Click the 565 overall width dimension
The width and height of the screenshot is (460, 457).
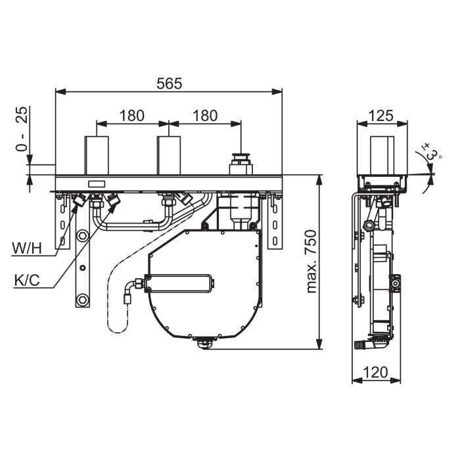pyautogui.click(x=170, y=84)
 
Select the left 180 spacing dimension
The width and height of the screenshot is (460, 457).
pyautogui.click(x=131, y=116)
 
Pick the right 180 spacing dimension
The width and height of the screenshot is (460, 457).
pyautogui.click(x=205, y=116)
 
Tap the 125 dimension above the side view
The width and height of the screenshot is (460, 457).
pyautogui.click(x=380, y=116)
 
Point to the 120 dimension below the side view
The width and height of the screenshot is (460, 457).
pyautogui.click(x=375, y=372)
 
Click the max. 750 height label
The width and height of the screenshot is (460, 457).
pyautogui.click(x=311, y=262)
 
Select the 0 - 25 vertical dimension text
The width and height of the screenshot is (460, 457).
pyautogui.click(x=22, y=129)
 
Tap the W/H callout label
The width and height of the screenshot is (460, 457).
pyautogui.click(x=27, y=249)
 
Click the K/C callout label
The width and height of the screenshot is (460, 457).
pyautogui.click(x=27, y=280)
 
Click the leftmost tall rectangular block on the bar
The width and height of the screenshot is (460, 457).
pyautogui.click(x=97, y=156)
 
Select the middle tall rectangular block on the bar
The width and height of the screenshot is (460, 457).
pyautogui.click(x=169, y=156)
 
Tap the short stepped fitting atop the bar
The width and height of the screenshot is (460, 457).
pyautogui.click(x=241, y=164)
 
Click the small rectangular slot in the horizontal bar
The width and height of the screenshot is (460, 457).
pyautogui.click(x=97, y=184)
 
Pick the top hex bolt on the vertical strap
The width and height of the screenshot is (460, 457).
pyautogui.click(x=82, y=235)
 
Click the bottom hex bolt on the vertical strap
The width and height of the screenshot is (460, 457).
pyautogui.click(x=82, y=300)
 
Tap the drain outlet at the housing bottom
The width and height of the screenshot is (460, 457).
pyautogui.click(x=205, y=343)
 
